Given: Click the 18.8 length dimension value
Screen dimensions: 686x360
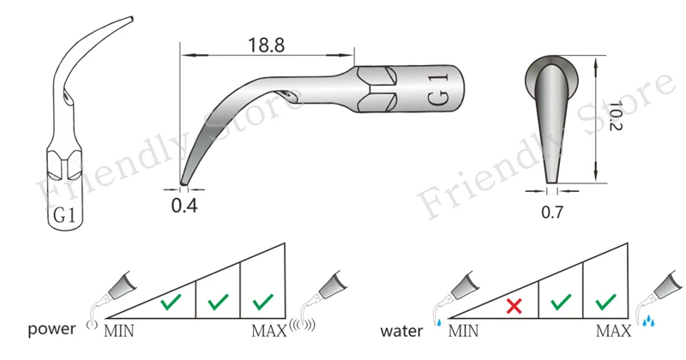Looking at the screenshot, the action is pyautogui.click(x=266, y=45).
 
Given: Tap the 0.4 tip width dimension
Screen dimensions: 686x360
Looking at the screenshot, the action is pyautogui.click(x=184, y=205).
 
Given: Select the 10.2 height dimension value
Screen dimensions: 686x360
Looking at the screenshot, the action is pyautogui.click(x=615, y=116).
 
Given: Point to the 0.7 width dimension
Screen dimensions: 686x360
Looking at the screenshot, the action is pyautogui.click(x=552, y=213).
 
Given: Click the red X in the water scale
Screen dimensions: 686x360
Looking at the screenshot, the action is pyautogui.click(x=514, y=306).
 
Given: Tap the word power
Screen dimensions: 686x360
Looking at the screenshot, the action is pyautogui.click(x=51, y=329).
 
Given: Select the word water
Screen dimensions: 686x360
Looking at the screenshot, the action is pyautogui.click(x=401, y=331).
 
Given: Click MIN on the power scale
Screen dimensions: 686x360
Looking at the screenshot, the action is pyautogui.click(x=119, y=331).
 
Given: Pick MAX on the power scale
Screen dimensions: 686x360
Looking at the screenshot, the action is pyautogui.click(x=269, y=331).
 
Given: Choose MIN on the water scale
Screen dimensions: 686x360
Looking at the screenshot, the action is pyautogui.click(x=463, y=331).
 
